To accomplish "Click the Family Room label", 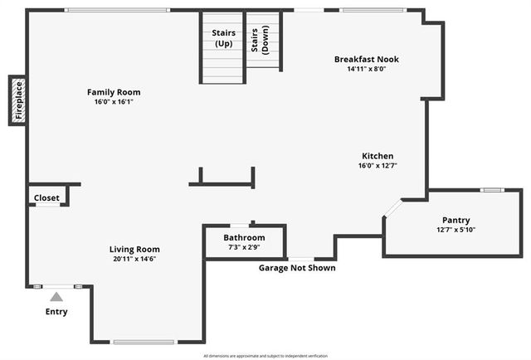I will coord(114,91).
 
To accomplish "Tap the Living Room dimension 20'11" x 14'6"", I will coord(134,259).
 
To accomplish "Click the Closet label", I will coord(46,197).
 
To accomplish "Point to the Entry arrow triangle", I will coord(56,296).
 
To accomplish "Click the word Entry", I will coord(56,312).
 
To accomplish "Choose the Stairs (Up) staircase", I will coord(223,47).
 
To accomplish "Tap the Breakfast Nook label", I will coord(367,59).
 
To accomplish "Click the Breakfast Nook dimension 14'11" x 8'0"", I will coord(367,69).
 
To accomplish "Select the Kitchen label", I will coord(378,156).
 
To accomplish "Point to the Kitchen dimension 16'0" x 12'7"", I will coord(378,166).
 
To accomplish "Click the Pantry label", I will coord(456,220).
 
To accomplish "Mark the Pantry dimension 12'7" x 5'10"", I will coord(456,230).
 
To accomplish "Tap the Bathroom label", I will coord(244,237).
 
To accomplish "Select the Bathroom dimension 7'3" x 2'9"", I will coord(244,247).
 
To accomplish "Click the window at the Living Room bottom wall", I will coord(144,342).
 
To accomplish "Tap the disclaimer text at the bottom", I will coord(265,355).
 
